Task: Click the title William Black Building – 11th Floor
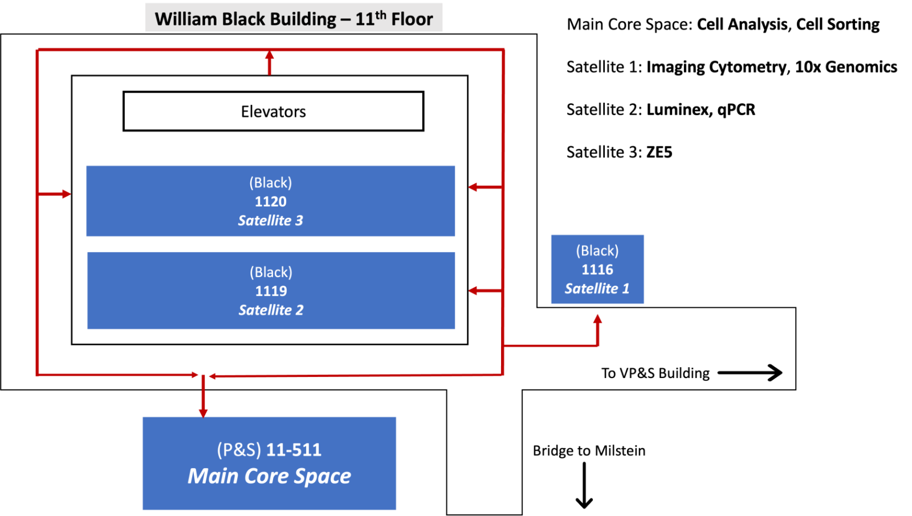(294, 18)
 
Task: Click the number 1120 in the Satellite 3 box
(271, 202)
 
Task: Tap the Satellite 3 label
(271, 221)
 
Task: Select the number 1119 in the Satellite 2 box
(271, 291)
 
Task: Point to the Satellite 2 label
(271, 310)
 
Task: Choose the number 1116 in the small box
(597, 270)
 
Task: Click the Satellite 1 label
(597, 289)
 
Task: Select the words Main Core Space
(270, 476)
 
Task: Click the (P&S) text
(239, 450)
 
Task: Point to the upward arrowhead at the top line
(270, 55)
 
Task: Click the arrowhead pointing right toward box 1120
(66, 194)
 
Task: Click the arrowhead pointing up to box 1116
(597, 319)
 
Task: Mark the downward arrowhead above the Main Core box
(203, 412)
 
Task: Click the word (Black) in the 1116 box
(597, 251)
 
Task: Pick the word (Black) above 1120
(271, 183)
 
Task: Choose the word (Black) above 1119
(271, 273)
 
